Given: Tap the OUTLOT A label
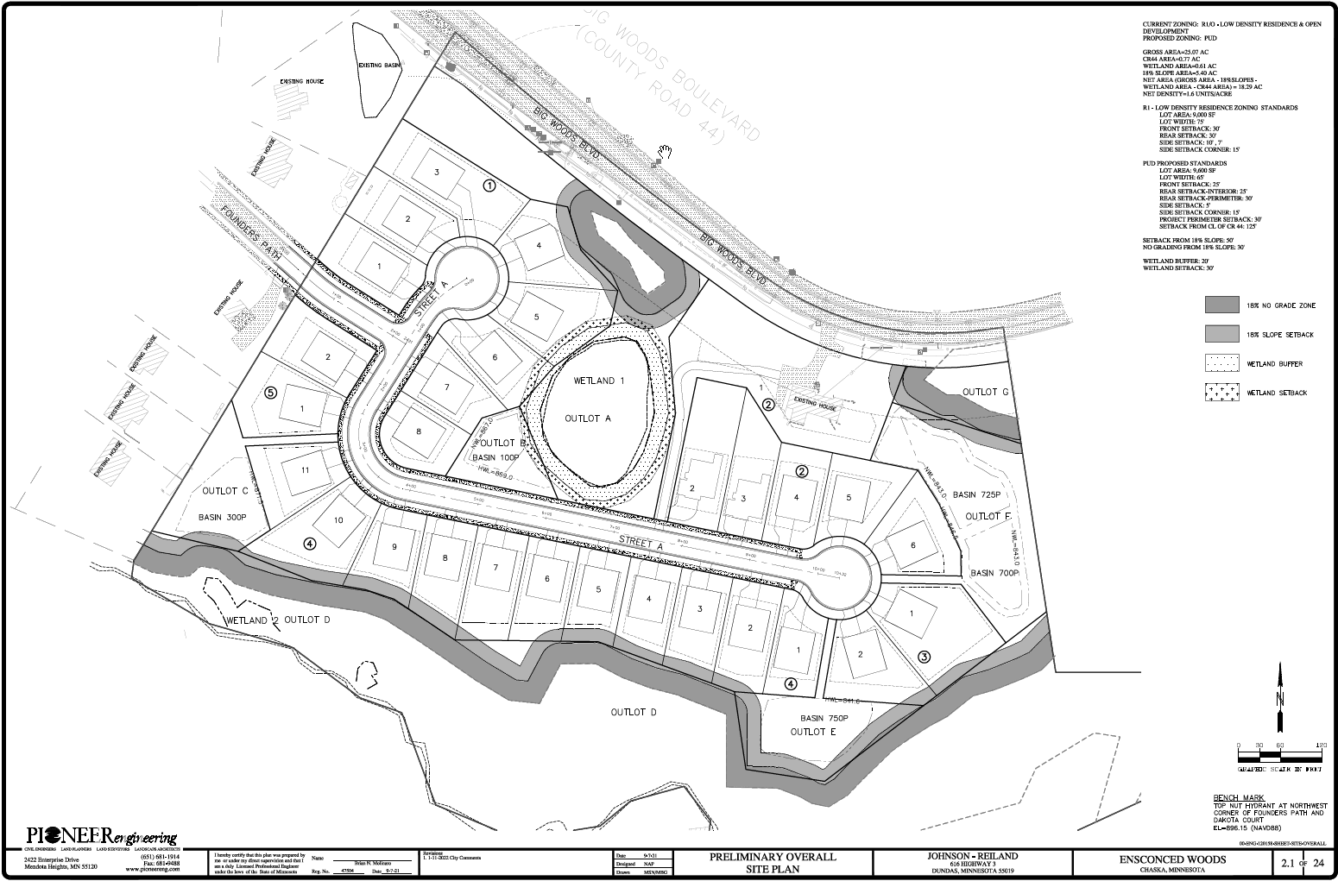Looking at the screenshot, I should pos(588,418).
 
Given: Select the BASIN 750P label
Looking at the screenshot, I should pos(825,718).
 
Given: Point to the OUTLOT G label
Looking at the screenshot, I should pos(985,393).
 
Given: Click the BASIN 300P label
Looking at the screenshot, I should pos(223,518).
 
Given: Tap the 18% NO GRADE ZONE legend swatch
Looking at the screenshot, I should pos(1221,305).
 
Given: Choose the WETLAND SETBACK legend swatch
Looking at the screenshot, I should pos(1221,393).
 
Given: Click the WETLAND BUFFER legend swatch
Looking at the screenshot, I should pos(1221,363).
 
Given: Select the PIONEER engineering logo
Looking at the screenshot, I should pos(102,837).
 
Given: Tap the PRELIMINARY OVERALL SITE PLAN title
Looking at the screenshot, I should pos(773,861).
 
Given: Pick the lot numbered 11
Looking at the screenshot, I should pos(305,471).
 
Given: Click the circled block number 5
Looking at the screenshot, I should pos(270,393).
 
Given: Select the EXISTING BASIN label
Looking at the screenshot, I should pos(380,66).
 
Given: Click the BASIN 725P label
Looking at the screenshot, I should pos(978,494).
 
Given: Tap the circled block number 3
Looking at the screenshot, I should pos(925,657).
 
